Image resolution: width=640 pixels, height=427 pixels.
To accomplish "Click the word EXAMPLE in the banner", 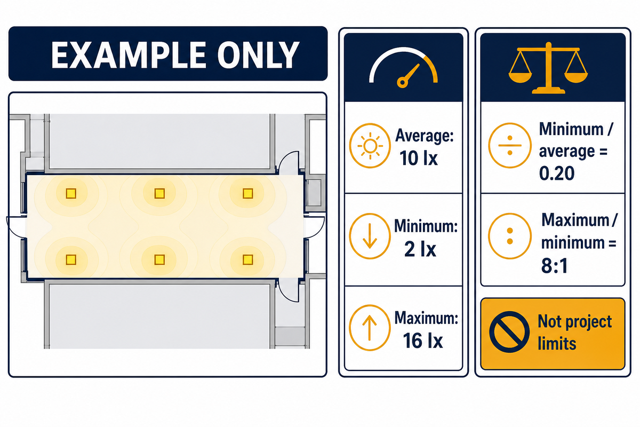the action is point(129,54).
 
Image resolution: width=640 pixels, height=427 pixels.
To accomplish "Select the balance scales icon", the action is point(548,68).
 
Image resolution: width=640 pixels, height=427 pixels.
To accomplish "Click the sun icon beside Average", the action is point(370,146).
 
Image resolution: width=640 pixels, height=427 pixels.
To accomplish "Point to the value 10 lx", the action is point(419,158).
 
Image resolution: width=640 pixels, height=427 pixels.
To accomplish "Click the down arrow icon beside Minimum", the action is point(370,236).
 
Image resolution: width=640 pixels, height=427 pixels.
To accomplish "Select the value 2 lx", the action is point(420,249).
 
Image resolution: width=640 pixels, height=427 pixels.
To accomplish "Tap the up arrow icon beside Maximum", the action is point(370,328).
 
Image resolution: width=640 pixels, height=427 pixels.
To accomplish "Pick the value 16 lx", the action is point(423,341).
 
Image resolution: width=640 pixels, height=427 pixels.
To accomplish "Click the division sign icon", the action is point(510,145).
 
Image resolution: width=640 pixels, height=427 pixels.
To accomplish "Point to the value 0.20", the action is point(557,173).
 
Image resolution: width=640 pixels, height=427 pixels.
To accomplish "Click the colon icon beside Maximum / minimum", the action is point(510,236).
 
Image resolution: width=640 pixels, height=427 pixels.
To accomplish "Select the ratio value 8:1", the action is point(555,266).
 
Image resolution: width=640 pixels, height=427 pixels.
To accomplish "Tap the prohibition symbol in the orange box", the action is point(509,332).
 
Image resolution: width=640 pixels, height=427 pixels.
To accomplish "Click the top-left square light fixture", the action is point(71,194).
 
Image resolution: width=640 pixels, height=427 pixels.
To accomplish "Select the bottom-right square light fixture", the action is point(247,260).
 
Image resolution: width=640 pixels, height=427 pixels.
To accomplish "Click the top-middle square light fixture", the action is point(159,194).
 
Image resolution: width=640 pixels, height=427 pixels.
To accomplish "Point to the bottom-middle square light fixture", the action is point(159,260).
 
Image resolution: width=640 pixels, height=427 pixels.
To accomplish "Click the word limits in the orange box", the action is point(557,344).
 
